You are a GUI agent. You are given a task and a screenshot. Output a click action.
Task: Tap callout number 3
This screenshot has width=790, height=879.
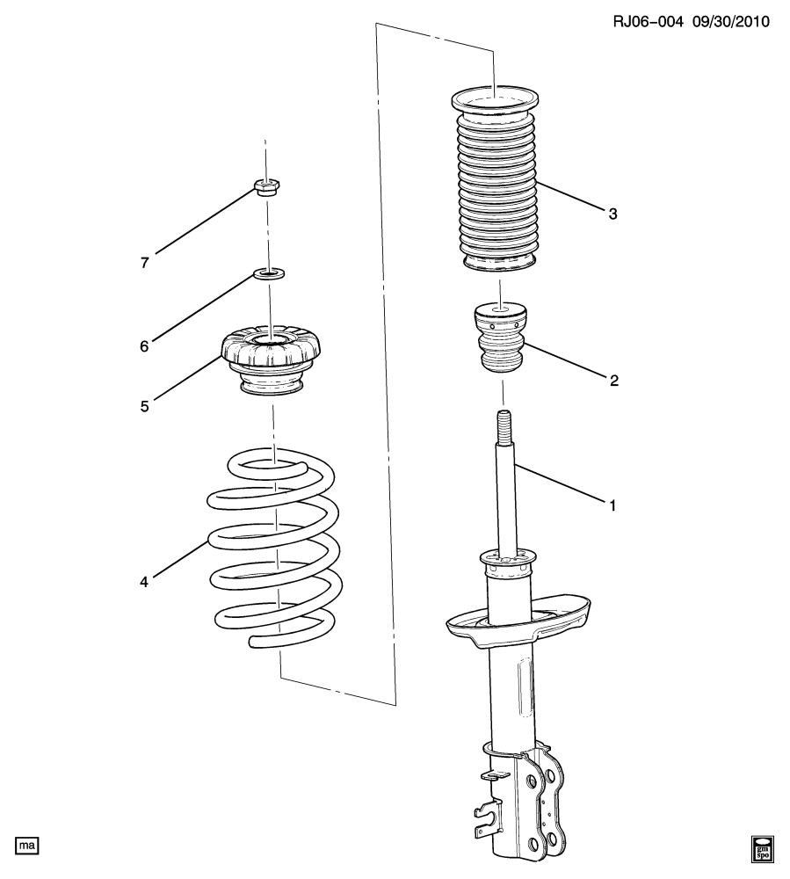pos(612,214)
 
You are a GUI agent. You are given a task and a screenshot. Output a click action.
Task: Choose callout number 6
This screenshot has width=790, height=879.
pos(145,345)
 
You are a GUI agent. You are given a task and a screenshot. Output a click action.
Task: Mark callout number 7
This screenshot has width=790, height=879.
pos(145,262)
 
